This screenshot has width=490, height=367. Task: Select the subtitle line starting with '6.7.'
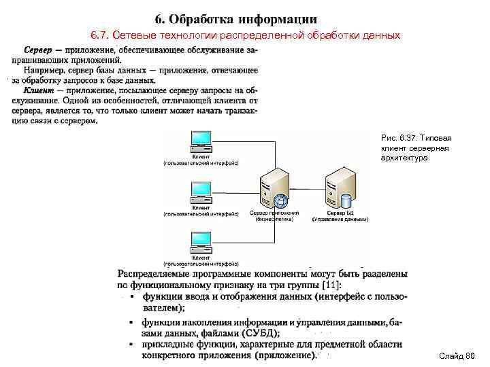coord(246,35)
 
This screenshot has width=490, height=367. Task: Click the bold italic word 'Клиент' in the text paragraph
coord(40,90)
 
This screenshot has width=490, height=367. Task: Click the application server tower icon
coord(274,187)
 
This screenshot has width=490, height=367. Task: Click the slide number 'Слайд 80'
coord(456,356)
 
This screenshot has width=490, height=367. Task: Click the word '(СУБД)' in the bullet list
coord(260,333)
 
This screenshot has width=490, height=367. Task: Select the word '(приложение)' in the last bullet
coord(284,354)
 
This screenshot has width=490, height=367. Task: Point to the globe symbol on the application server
coord(282,201)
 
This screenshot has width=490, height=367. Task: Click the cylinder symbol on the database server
coord(346,201)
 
